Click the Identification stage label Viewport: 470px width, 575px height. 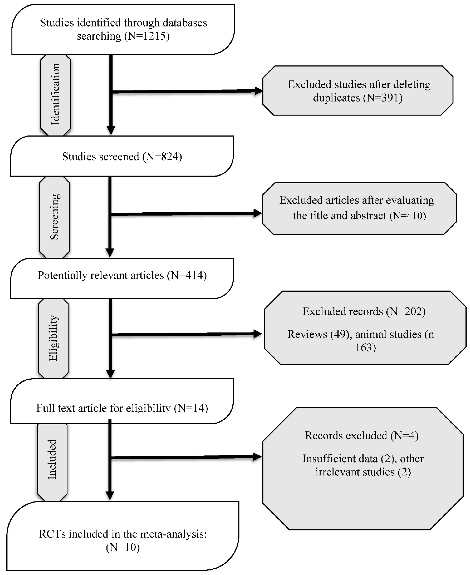point(55,94)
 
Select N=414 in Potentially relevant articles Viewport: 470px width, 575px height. point(187,275)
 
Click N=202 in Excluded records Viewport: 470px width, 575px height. point(406,311)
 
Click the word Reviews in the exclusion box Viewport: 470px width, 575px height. point(307,334)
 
